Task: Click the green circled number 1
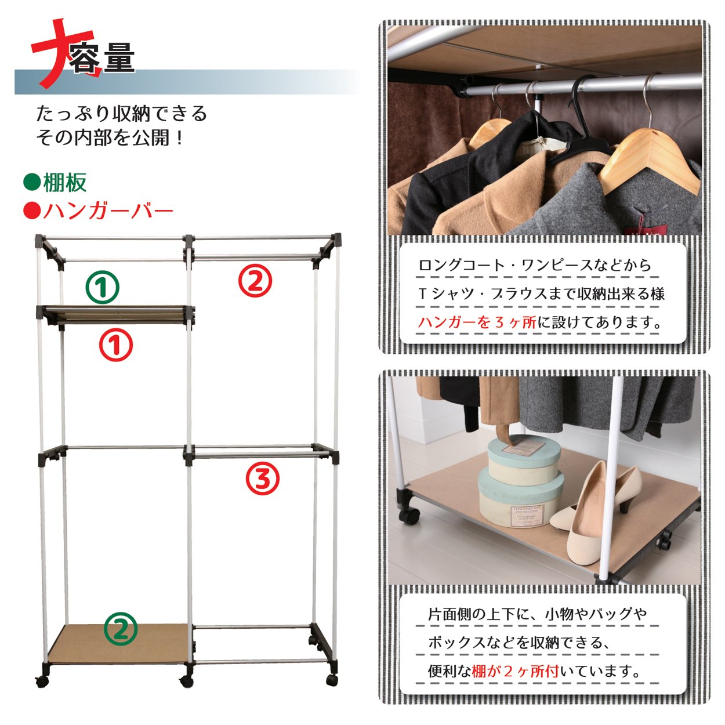point(102,288)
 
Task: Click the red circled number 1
point(116,345)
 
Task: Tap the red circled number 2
point(255,281)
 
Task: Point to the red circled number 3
point(263,478)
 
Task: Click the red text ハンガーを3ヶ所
point(477,322)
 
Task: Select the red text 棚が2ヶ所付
point(516,671)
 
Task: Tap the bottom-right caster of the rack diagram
point(331,680)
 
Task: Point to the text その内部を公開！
point(110,138)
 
